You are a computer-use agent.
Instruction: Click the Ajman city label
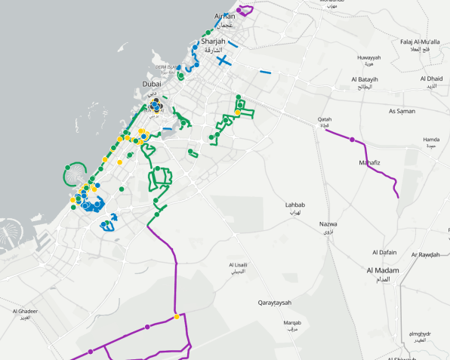click(224, 15)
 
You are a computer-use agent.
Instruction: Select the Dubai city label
click(152, 84)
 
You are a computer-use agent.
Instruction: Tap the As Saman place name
click(402, 111)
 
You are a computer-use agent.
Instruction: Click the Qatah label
click(325, 119)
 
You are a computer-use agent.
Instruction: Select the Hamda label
click(431, 140)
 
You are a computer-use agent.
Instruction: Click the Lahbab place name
click(295, 205)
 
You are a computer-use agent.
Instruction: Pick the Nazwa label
click(328, 224)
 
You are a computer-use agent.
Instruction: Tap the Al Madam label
click(383, 270)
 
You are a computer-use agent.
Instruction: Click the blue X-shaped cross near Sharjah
click(223, 60)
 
